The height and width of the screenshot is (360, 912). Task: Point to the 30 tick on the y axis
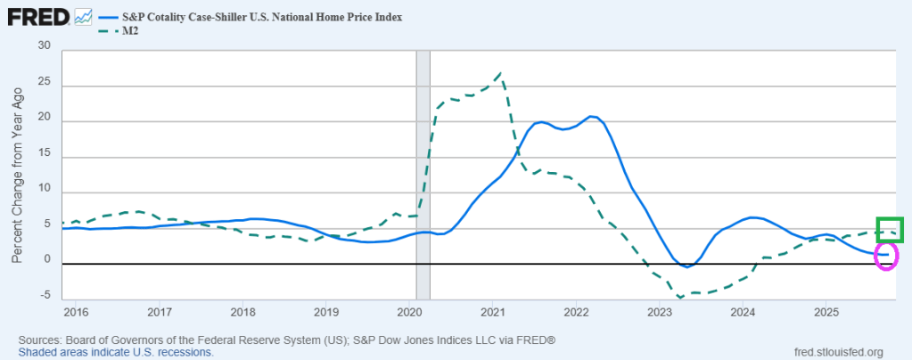tap(45, 50)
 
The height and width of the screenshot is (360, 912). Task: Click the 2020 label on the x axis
tap(409, 312)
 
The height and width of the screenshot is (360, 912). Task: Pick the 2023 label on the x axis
tap(660, 312)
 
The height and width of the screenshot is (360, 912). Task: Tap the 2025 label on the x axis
tap(826, 312)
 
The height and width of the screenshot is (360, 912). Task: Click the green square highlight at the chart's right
tap(890, 229)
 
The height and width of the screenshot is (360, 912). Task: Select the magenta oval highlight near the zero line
tap(885, 257)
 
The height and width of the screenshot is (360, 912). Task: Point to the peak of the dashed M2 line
tap(502, 73)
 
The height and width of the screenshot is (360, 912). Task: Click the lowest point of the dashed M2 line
tap(680, 297)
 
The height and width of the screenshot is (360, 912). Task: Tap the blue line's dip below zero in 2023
tap(687, 266)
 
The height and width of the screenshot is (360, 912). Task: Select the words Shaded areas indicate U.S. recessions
tap(116, 352)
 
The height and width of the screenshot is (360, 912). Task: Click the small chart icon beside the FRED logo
tap(85, 16)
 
